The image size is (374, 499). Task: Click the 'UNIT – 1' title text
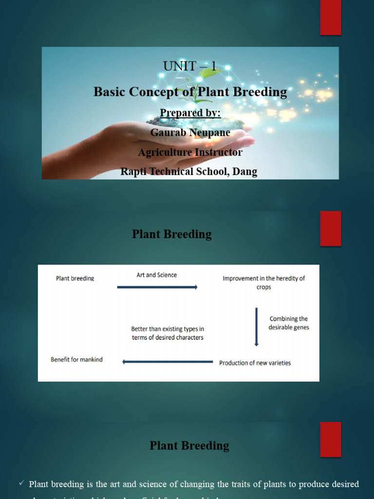click(x=190, y=66)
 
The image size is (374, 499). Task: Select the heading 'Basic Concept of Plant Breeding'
click(x=190, y=92)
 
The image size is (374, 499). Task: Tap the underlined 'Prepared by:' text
click(x=190, y=113)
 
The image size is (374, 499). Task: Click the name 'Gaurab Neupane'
click(x=190, y=133)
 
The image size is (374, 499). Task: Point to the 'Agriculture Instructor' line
click(x=190, y=153)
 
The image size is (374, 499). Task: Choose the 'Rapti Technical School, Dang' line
click(x=189, y=172)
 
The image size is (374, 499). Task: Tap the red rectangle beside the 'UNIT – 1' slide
click(x=330, y=18)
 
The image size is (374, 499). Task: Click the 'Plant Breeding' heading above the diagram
click(x=171, y=234)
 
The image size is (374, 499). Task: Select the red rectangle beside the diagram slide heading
click(x=330, y=228)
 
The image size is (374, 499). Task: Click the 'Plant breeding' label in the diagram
click(x=75, y=279)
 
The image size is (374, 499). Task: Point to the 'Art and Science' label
click(x=156, y=275)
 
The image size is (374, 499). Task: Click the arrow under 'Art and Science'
click(x=157, y=288)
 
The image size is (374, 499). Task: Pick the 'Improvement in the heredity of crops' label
click(x=263, y=283)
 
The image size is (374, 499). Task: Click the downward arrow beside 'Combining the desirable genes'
click(x=257, y=327)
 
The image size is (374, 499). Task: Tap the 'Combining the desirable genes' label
click(x=289, y=323)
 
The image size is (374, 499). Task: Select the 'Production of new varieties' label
click(x=255, y=363)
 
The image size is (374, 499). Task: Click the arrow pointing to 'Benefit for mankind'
click(x=168, y=362)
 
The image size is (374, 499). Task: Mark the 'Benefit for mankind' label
click(x=76, y=360)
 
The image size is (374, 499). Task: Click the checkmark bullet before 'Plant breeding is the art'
click(x=21, y=483)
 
